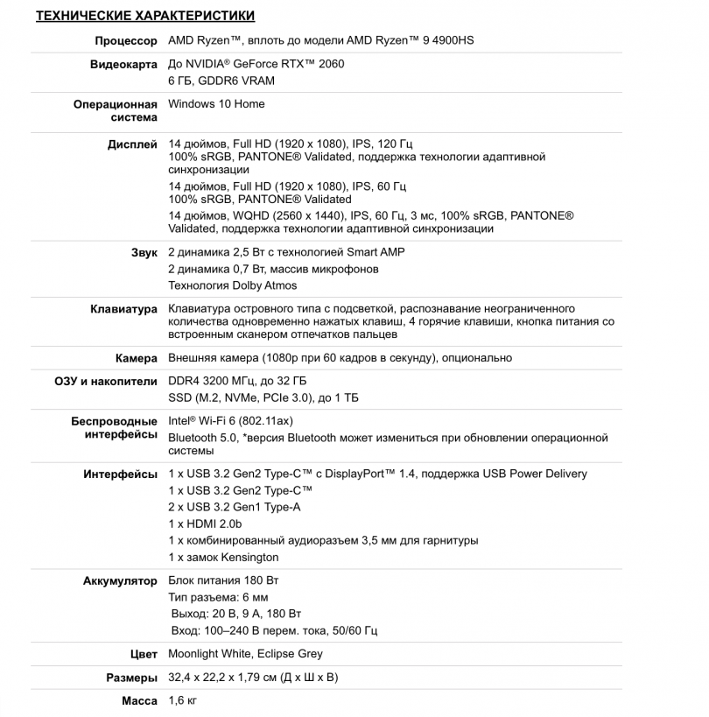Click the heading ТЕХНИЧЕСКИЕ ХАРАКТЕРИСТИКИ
[145, 17]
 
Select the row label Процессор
[125, 41]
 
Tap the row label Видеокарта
[123, 64]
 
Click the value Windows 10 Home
[216, 103]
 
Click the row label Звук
[144, 252]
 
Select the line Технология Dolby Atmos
[232, 285]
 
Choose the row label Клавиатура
[123, 309]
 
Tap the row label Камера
[136, 358]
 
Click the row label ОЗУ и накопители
[106, 381]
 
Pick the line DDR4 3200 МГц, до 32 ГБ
[237, 381]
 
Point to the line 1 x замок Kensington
[223, 557]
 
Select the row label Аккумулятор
[120, 580]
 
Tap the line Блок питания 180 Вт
[223, 580]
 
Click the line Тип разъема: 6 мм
[218, 597]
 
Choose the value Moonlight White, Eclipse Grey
[245, 654]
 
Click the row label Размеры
[132, 678]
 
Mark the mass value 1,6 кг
[182, 701]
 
